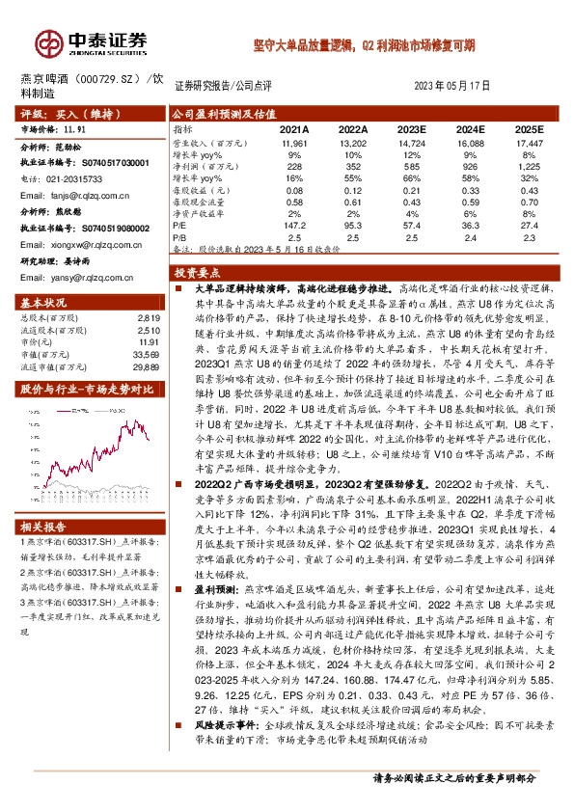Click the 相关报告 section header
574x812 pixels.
(x=43, y=527)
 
